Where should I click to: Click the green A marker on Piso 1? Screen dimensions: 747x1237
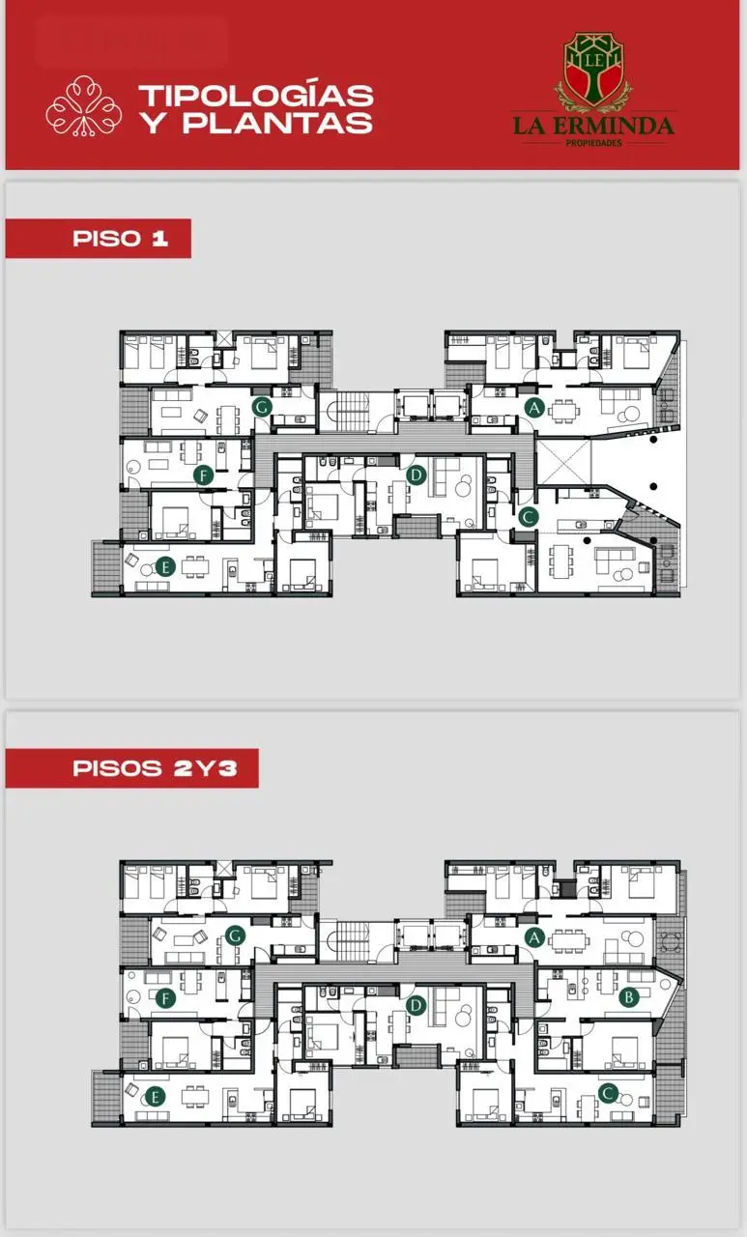tap(533, 408)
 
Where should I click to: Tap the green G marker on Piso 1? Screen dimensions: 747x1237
tap(262, 407)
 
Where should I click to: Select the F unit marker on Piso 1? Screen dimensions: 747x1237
tap(204, 475)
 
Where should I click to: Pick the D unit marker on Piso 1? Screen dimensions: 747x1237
tap(416, 475)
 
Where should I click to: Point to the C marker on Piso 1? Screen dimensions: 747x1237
tap(529, 517)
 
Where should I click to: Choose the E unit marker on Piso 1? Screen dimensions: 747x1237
tap(165, 566)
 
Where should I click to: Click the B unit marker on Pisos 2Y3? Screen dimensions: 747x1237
tap(628, 996)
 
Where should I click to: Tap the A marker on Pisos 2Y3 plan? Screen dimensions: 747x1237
tap(533, 937)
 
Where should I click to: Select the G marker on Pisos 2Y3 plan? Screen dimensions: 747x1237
tap(235, 936)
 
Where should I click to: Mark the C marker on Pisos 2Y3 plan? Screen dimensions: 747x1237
tap(608, 1093)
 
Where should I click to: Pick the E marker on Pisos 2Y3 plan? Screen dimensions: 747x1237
tap(155, 1097)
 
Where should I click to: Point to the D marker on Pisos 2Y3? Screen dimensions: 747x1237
tap(416, 1005)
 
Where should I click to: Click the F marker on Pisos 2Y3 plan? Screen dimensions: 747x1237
tap(165, 997)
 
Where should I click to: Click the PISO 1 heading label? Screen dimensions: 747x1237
tap(121, 239)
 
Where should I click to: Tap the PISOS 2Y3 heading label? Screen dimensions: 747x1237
tap(156, 768)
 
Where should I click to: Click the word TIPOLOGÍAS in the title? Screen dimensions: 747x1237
tap(256, 95)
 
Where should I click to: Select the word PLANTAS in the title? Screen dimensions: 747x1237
tap(277, 122)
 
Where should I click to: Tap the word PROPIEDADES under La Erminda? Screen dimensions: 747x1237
tap(593, 143)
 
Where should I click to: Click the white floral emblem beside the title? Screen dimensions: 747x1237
tap(84, 106)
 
